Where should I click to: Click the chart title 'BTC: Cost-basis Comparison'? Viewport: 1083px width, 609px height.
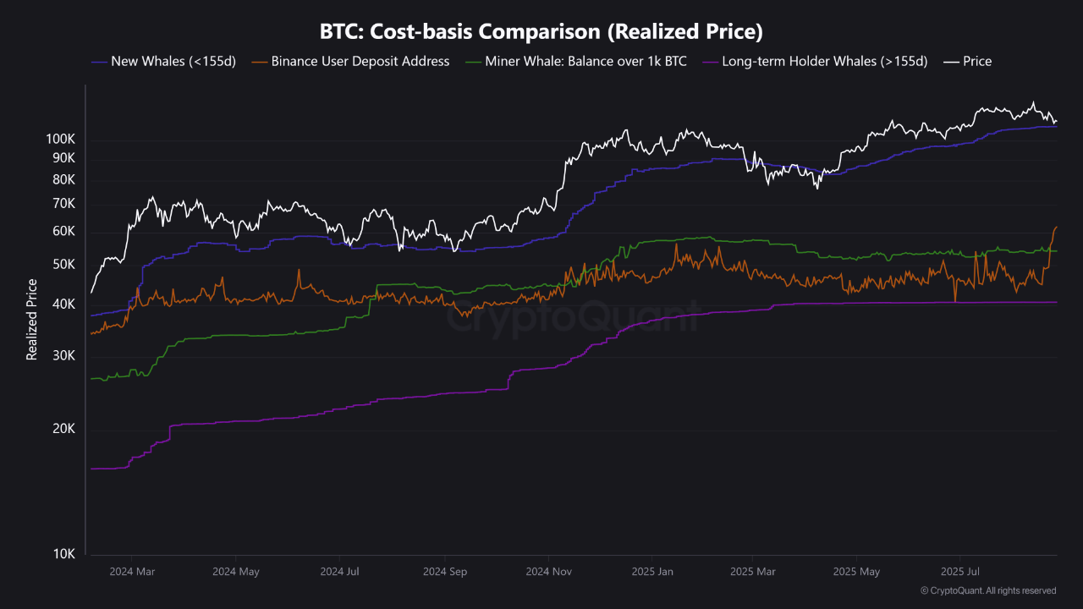[541, 32]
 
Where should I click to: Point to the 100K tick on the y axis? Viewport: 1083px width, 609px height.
[61, 138]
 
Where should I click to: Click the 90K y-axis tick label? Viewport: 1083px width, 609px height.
[63, 158]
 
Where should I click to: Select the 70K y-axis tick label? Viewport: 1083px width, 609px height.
[63, 204]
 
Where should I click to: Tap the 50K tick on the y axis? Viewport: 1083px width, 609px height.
[63, 265]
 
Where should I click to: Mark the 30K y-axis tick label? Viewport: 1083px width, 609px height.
[63, 356]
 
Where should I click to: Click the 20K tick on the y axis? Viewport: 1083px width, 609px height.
[63, 429]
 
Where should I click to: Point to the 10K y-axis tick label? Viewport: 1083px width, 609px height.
[63, 554]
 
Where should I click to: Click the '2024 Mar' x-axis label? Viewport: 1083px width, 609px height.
[132, 572]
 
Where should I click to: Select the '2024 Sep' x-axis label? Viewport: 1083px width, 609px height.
[445, 572]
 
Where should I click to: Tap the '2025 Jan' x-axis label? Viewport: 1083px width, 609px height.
[652, 572]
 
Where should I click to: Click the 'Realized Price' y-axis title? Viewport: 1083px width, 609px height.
[32, 320]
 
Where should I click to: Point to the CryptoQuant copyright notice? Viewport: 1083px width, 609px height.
[987, 590]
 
